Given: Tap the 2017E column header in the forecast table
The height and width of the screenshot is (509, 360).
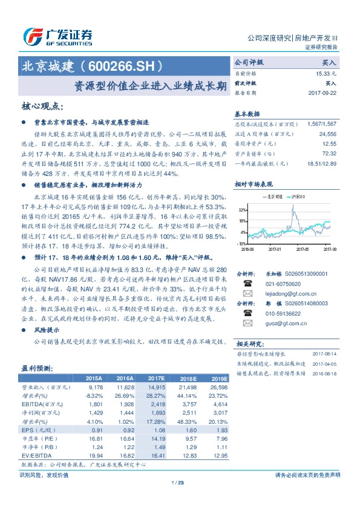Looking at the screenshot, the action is [x=156, y=376].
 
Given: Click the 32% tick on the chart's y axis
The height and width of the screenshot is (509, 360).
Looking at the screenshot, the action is [x=243, y=210].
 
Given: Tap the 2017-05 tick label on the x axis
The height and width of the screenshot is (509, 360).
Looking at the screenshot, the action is [x=303, y=248].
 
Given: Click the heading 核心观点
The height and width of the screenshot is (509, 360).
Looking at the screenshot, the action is [x=42, y=106].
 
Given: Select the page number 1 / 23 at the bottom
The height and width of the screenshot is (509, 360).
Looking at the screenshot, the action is [x=177, y=482].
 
